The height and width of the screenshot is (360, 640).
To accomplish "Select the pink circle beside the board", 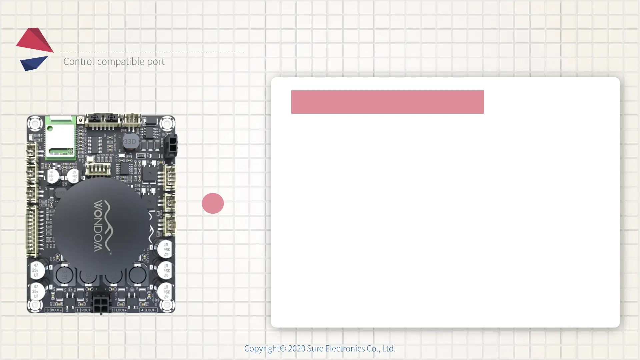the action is [213, 203].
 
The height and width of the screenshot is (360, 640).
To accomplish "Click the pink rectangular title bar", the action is [387, 102].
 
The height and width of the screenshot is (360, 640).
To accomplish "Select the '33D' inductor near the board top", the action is [130, 142].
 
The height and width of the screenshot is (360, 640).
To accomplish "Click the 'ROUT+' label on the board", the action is [56, 310].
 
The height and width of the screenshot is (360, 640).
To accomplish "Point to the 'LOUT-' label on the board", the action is [150, 310].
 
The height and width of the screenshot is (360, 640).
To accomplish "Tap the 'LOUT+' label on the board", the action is [121, 310].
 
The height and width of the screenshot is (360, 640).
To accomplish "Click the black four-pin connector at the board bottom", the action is [101, 304].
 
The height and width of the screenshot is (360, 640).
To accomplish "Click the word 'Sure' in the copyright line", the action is [315, 349].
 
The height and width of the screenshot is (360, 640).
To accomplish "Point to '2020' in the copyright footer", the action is [296, 349].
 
